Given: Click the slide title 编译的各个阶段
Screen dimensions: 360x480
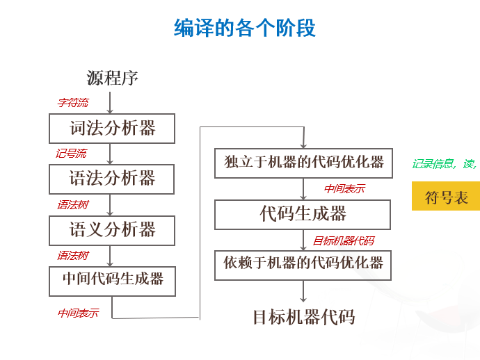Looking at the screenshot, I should click(x=244, y=28).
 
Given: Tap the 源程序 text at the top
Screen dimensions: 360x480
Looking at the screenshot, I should click(x=112, y=78).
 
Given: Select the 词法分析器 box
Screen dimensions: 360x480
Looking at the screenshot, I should click(x=111, y=128).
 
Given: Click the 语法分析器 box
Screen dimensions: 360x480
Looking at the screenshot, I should click(x=111, y=179).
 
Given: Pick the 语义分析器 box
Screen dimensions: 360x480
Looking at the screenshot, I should click(x=111, y=229).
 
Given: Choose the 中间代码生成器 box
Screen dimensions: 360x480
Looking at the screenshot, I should click(x=111, y=279).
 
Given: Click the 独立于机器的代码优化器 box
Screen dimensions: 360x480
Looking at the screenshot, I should click(x=303, y=163).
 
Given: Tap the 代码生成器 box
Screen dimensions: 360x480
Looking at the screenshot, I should click(x=303, y=214).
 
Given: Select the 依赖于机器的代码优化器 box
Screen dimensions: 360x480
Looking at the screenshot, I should click(x=303, y=263).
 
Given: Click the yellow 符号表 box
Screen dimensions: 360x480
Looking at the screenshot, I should click(x=447, y=197).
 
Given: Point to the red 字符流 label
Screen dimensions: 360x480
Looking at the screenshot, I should click(x=72, y=103).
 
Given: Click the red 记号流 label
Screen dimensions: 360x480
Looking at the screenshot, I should click(x=71, y=154).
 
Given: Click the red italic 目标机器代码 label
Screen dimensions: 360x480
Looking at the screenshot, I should click(x=343, y=241).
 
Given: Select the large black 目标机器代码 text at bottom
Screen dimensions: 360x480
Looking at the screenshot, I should click(x=303, y=318).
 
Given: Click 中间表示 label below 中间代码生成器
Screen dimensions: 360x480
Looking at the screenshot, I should click(x=77, y=313).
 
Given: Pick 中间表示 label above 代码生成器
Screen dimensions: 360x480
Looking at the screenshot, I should click(x=344, y=189).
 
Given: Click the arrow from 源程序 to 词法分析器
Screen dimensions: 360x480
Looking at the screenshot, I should click(x=110, y=102).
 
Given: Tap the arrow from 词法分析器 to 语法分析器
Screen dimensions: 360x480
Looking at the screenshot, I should click(x=110, y=153).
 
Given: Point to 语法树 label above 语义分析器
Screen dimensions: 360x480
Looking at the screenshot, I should click(x=72, y=205).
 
